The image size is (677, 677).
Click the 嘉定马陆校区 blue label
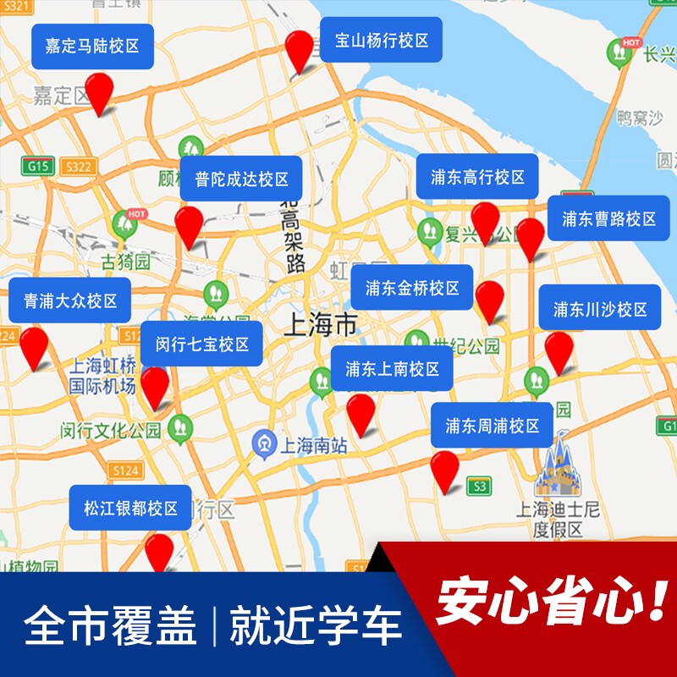point(93,47)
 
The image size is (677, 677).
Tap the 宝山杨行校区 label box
point(382,40)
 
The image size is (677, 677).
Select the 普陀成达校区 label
point(241,179)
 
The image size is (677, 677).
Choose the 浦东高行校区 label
point(477,177)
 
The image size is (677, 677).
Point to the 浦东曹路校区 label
point(608,219)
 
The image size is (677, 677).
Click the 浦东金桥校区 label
point(412,288)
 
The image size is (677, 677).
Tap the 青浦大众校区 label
point(70,300)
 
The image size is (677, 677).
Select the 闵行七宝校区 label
point(201,344)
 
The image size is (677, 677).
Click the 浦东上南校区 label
point(392,368)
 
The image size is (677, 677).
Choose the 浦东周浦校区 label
point(492,426)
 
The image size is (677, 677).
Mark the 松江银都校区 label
point(130,508)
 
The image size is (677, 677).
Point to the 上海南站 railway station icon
point(264,443)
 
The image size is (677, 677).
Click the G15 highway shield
point(37,166)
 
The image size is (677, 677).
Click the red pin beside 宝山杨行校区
point(299,51)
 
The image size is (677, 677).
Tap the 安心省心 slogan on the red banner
point(551,602)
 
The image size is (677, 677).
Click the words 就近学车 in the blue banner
point(316,626)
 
